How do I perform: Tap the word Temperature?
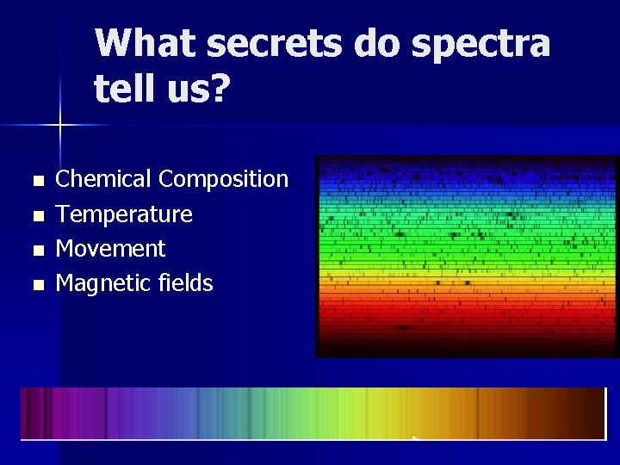tap(124, 214)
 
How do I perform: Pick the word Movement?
tap(110, 248)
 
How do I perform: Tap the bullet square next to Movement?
tap(35, 251)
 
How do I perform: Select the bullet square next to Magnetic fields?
tap(35, 285)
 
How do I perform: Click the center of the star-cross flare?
tap(59, 126)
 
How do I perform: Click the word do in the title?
tap(377, 44)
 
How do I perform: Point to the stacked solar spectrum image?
tap(467, 256)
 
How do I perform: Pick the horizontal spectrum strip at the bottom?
tap(313, 413)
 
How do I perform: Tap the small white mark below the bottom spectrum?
tap(415, 438)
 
